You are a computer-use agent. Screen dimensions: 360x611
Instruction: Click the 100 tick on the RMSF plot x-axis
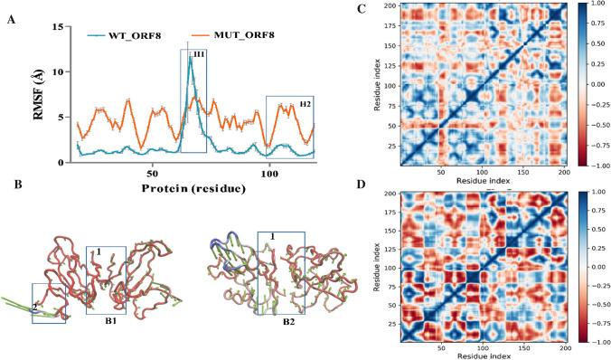click(x=269, y=171)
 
